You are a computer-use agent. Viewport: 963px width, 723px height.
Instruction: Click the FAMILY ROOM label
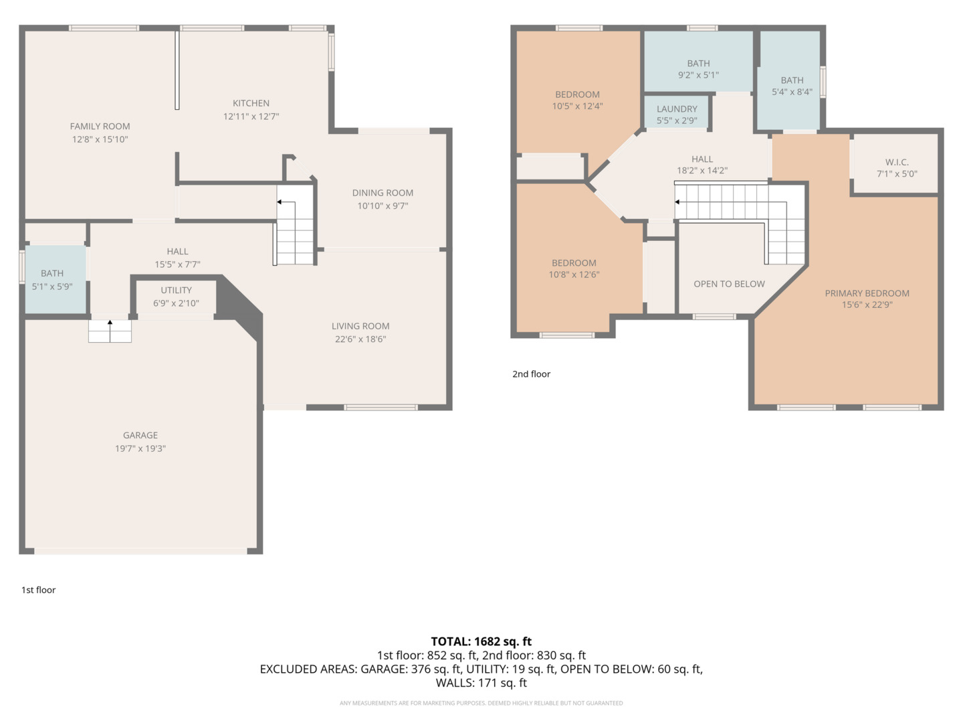(100, 127)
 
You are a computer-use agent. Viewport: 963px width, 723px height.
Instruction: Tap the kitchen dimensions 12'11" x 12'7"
(251, 116)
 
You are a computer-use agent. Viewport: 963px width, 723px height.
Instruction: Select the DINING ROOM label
(383, 193)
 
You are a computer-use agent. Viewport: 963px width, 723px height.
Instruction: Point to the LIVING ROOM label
(360, 326)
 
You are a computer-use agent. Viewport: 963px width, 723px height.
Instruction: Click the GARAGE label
(140, 435)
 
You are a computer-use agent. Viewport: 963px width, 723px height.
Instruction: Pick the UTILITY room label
(176, 290)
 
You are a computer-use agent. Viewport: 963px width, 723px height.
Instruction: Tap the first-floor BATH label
(52, 274)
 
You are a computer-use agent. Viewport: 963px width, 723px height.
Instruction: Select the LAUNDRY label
(677, 109)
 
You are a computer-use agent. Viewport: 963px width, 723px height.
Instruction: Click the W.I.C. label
(897, 162)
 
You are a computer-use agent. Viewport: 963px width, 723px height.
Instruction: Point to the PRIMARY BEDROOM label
(867, 293)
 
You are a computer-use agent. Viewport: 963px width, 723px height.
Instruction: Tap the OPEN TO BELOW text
(729, 284)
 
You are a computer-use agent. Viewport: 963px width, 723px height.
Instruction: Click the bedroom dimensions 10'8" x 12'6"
(574, 274)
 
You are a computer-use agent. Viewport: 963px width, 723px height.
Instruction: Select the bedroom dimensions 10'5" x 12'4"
(577, 106)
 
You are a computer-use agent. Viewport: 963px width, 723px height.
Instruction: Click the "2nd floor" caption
(531, 374)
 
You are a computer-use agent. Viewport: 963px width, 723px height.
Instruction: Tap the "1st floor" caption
(39, 590)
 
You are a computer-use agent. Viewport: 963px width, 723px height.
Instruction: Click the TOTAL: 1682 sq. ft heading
(481, 641)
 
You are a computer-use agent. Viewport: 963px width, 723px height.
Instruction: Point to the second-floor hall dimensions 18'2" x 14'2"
(702, 170)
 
